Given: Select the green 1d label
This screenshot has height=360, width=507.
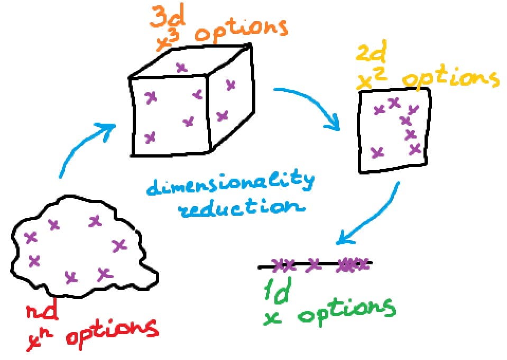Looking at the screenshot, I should [275, 292].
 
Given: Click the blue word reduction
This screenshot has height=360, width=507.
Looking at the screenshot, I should [241, 208].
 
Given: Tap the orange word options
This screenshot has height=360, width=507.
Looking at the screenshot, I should [241, 31].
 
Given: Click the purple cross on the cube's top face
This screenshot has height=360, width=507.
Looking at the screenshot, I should [182, 67].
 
